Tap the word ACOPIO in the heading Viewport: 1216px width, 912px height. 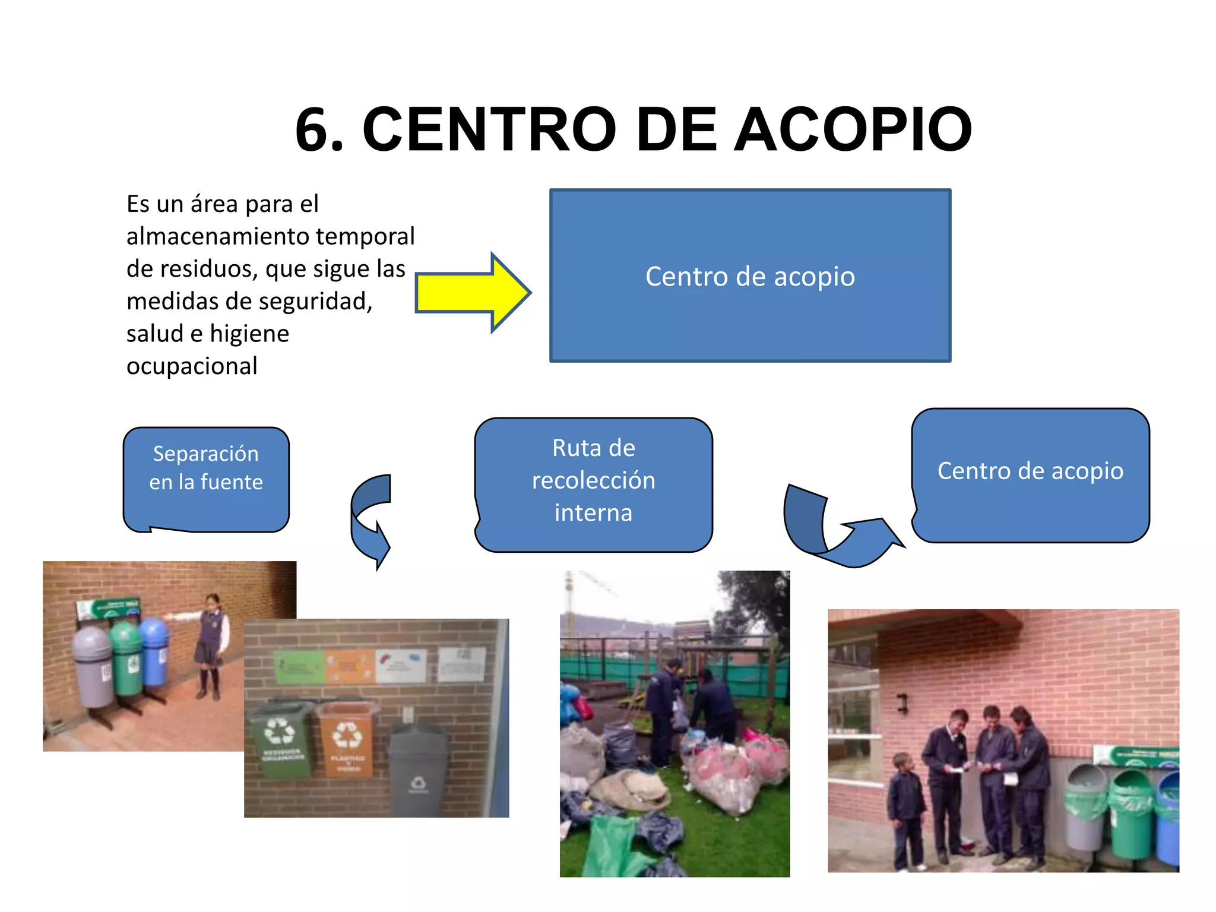click(853, 129)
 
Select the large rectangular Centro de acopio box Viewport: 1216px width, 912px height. click(750, 275)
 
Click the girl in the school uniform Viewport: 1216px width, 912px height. click(211, 644)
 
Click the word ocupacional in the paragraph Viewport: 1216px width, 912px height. click(192, 366)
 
